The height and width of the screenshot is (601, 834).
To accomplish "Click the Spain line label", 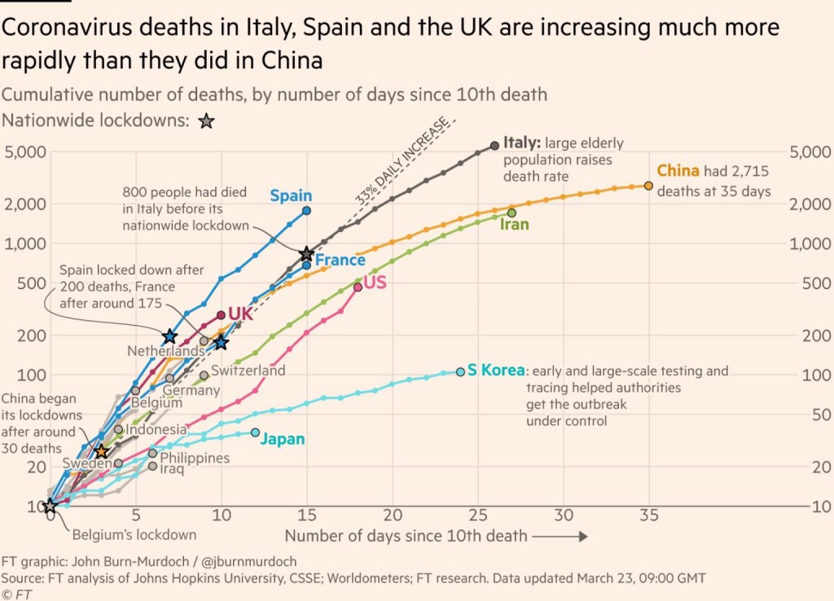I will (291, 195).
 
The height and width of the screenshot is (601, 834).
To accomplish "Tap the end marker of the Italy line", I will (494, 145).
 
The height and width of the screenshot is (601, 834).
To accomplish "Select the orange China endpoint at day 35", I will (648, 186).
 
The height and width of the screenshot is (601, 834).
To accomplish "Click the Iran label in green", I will (514, 224).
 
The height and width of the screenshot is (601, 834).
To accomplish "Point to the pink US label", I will (375, 283).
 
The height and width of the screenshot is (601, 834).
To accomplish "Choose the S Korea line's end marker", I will (460, 371).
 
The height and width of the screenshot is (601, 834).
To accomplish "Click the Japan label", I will (283, 439).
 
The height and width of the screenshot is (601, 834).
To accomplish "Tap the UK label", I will (240, 314).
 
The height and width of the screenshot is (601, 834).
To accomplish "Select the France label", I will (340, 260).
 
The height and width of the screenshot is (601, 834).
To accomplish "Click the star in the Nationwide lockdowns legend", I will (206, 121).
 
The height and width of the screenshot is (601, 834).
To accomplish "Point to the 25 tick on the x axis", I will (477, 515).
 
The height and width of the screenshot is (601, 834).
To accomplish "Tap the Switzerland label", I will (248, 371).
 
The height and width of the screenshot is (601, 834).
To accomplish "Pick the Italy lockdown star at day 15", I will (306, 254).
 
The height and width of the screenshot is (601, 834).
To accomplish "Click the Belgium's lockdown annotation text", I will (134, 535).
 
